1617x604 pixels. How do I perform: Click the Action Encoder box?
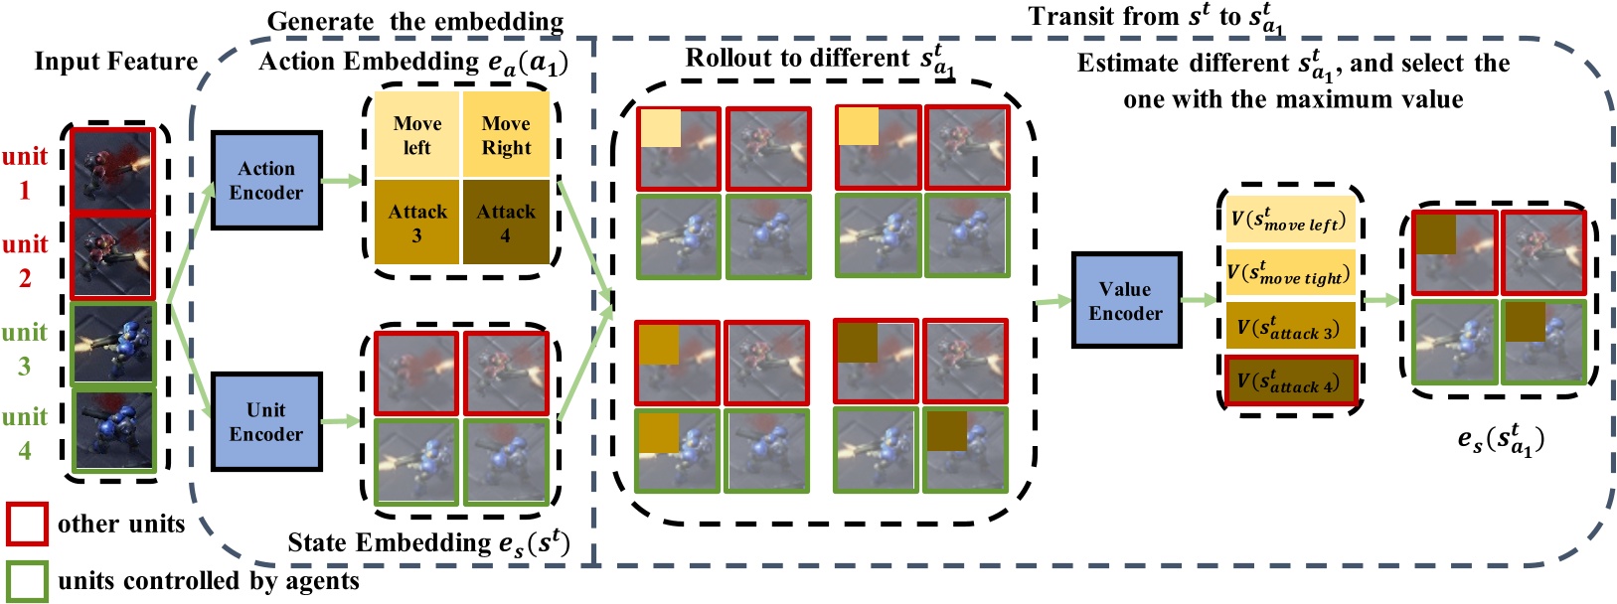coord(266,181)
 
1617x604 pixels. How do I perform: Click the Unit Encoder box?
coord(266,422)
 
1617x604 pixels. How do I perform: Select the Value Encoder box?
coord(1126,301)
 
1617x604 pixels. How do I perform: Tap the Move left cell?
coord(417,136)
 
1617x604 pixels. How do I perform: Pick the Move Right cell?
coord(506,136)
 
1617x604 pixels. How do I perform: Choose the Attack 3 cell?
coord(417,223)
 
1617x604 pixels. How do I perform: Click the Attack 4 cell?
coord(506,223)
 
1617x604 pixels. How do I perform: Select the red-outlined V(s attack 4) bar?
coord(1290,379)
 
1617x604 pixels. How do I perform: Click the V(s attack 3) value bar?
coord(1288,326)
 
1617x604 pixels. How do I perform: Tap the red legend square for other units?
coord(27,524)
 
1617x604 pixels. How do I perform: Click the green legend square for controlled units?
coord(27,581)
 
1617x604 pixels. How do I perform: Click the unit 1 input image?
coord(113,170)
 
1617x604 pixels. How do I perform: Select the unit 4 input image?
coord(114,429)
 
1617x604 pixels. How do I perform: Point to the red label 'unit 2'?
coord(25,260)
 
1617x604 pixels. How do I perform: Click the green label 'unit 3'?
coord(25,349)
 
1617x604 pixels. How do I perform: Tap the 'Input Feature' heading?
coord(116,62)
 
